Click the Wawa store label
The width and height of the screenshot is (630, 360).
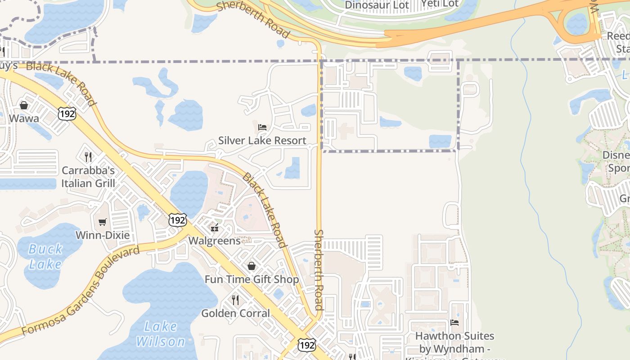[24, 119]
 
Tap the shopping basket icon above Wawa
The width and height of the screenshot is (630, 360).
[24, 105]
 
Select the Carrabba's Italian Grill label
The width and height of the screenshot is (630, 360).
[88, 177]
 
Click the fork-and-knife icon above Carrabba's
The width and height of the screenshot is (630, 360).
[88, 157]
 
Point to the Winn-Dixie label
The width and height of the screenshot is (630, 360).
[103, 235]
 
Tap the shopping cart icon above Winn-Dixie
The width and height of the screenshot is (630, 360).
[103, 222]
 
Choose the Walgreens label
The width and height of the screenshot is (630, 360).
[215, 240]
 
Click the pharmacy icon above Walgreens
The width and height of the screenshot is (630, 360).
[215, 228]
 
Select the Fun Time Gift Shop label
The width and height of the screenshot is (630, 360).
[252, 279]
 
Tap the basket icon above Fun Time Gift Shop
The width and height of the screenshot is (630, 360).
[252, 266]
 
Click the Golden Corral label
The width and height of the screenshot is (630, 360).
[235, 313]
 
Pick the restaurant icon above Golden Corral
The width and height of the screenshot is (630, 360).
[235, 300]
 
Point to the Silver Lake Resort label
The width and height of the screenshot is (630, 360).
[262, 140]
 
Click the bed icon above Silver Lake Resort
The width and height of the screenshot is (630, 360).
[262, 127]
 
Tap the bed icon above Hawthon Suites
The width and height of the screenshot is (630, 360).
[454, 323]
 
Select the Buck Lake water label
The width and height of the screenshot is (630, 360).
[45, 256]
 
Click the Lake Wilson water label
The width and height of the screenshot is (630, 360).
[161, 333]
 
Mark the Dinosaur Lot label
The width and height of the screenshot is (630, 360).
[377, 5]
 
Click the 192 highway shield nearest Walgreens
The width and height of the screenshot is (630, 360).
[178, 220]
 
